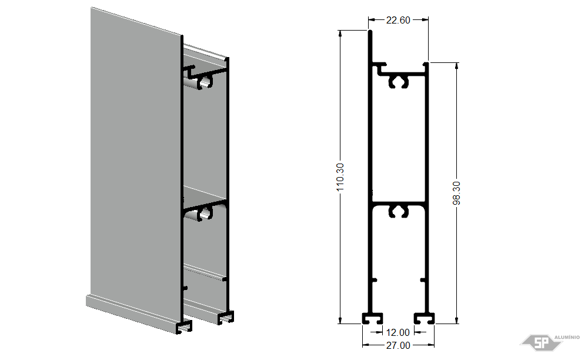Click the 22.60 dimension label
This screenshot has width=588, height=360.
coord(398,20)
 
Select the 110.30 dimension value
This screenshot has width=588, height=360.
coord(340,177)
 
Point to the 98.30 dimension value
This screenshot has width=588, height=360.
coord(456,193)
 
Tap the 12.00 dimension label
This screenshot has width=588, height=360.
coord(398,332)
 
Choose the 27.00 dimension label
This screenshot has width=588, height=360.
coord(398,345)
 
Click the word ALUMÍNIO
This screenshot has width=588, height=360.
coord(567,337)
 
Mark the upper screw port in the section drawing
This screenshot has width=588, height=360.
coord(398,82)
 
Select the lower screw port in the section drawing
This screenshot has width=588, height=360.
coord(398,211)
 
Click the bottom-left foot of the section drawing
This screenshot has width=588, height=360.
coord(372,318)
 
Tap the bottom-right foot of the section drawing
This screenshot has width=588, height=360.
coord(424,318)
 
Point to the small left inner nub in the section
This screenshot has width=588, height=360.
coord(374,280)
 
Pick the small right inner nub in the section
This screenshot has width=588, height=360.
coord(423,280)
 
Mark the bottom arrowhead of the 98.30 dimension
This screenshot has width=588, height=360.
coord(456,320)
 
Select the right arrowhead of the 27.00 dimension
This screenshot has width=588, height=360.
coord(431,345)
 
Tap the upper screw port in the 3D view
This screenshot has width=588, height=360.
coord(205,82)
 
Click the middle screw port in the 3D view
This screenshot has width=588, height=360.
coord(205,214)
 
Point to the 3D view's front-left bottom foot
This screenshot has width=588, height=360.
coord(184,326)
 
